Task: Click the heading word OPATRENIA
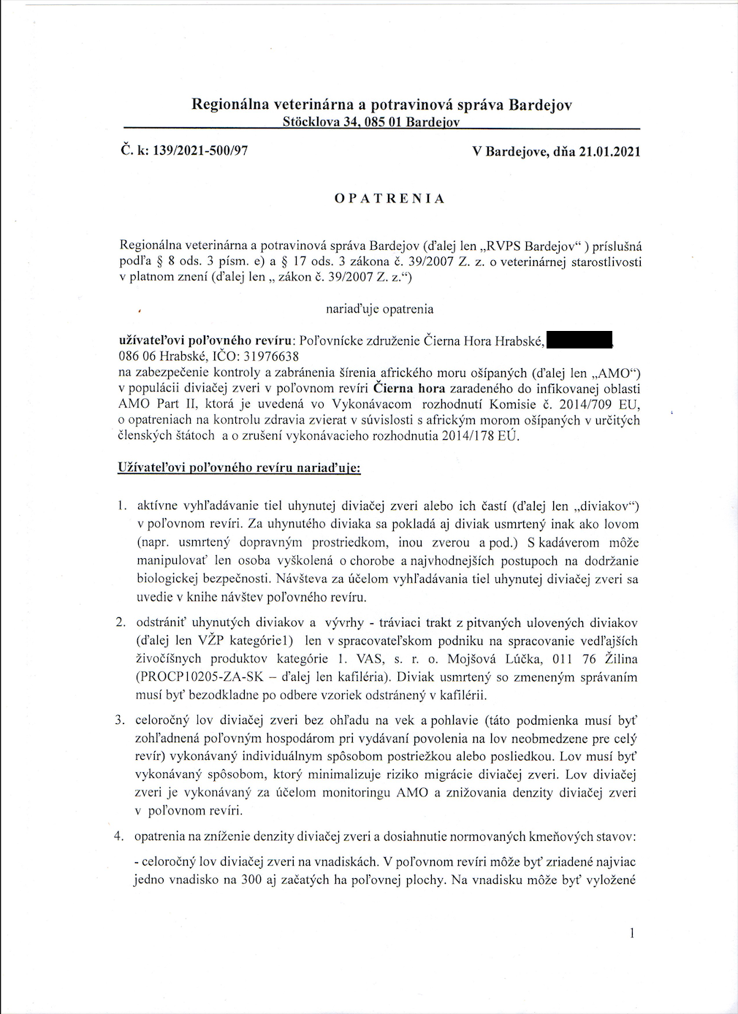389,199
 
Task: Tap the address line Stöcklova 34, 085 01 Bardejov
370,122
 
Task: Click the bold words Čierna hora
408,388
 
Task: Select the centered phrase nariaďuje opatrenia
379,309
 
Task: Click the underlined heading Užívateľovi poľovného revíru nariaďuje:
239,467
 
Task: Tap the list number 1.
122,506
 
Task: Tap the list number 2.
121,623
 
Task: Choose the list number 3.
121,720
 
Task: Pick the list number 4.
119,836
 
